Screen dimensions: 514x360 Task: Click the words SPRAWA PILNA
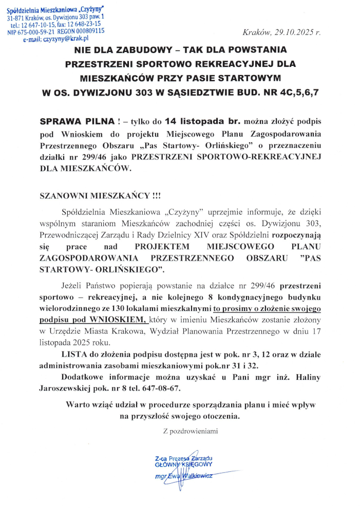78,122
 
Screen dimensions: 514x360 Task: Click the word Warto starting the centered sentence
78,405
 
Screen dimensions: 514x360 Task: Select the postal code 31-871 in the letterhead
17,17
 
